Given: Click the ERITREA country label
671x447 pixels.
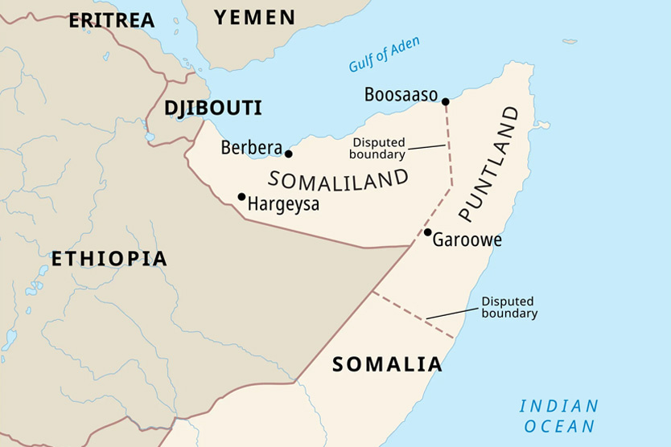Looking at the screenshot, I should coord(111,20).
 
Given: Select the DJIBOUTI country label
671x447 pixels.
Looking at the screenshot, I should coord(213,108).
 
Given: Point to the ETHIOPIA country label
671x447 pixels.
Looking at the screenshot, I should coord(109,259).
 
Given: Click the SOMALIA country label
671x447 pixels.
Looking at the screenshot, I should coord(387,364).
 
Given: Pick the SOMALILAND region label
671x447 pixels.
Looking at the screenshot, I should coord(339,178).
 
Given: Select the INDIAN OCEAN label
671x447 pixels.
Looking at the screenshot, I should coord(558,416).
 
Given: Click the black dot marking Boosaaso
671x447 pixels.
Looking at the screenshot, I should coord(445,101).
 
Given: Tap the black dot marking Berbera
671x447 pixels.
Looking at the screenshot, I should coord(289,154).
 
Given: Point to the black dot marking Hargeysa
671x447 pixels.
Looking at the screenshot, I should coord(241,196).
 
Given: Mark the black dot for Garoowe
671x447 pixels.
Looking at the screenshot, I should coord(428,232).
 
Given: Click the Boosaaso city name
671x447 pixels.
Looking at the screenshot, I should coord(401,95).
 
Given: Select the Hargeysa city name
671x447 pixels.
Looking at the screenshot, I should coord(283,204).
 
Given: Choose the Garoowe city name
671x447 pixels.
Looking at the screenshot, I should coord(467,240).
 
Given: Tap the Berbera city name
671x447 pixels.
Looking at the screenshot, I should coord(251,148).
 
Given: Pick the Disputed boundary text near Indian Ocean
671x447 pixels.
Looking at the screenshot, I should coord(509,308).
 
